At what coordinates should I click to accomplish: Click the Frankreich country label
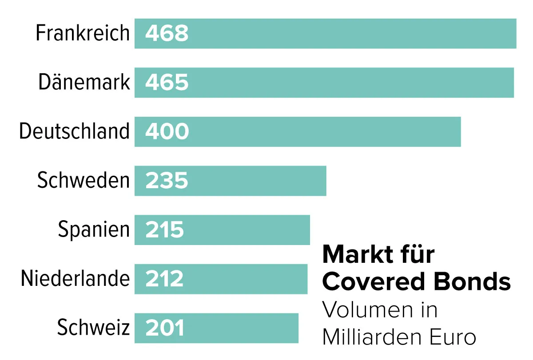(x=83, y=33)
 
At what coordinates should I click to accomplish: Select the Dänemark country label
(x=84, y=83)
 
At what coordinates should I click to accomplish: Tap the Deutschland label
(x=74, y=131)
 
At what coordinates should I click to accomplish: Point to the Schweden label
(x=84, y=181)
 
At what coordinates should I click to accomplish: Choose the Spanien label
(x=94, y=230)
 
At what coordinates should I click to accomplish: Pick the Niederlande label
(x=75, y=279)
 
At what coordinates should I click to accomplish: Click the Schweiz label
(x=93, y=328)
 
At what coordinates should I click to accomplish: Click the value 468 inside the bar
(x=167, y=34)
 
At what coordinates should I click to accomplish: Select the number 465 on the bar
(x=167, y=83)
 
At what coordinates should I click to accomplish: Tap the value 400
(x=167, y=132)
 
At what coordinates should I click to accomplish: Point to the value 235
(x=167, y=181)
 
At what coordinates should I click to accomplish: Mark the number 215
(x=164, y=230)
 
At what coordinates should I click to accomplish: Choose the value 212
(x=164, y=279)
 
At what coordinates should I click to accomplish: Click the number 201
(x=164, y=328)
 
